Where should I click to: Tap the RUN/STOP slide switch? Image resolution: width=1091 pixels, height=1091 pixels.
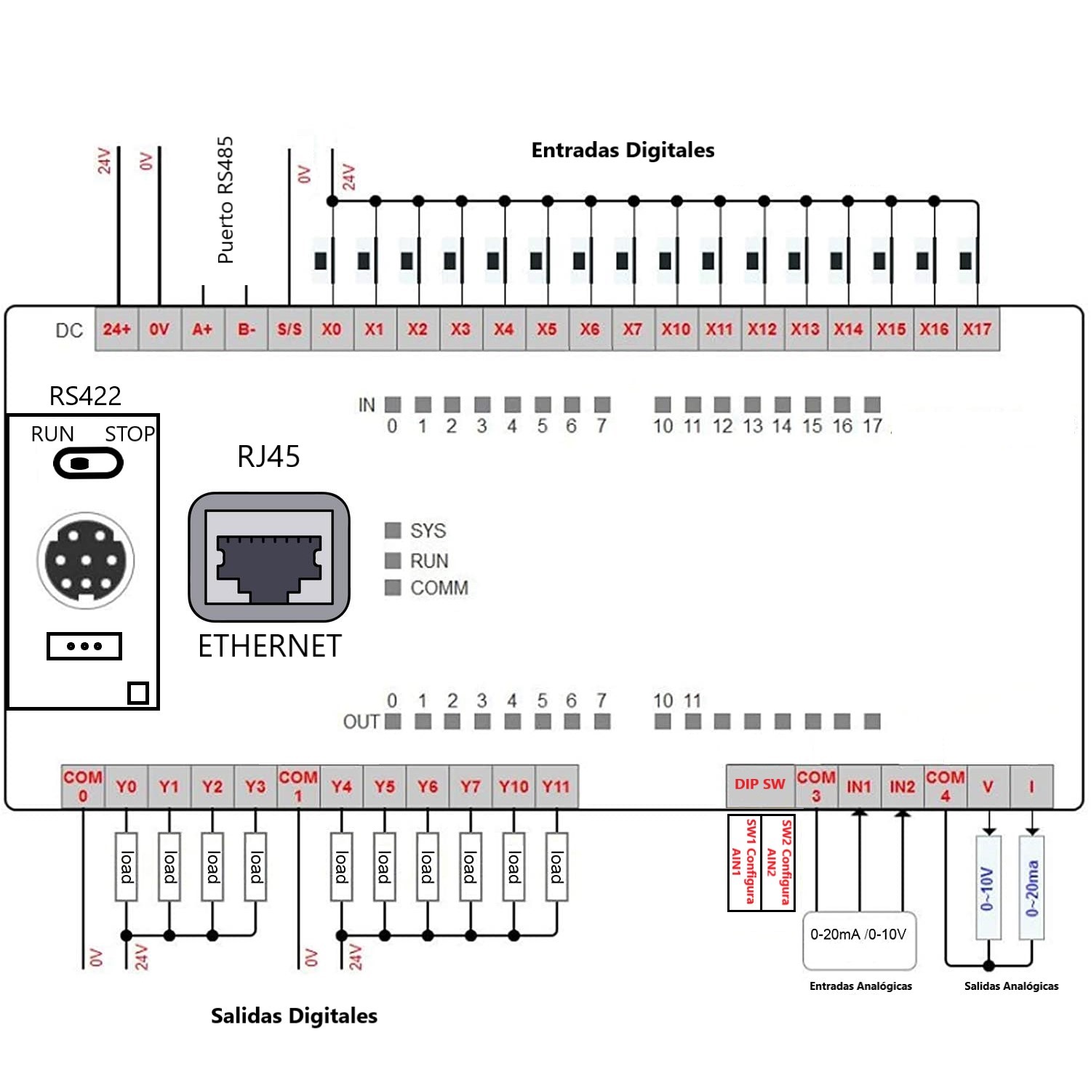pos(88,463)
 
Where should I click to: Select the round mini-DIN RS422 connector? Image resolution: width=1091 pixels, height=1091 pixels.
pos(86,559)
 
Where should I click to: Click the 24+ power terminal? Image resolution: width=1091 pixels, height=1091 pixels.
pos(116,329)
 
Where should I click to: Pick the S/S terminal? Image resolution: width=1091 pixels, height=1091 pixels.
pos(289,329)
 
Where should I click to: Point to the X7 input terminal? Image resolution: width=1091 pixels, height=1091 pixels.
pos(633,329)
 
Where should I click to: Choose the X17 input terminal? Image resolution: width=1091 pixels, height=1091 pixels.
pos(977,329)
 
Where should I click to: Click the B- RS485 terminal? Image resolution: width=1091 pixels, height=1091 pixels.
pos(246,329)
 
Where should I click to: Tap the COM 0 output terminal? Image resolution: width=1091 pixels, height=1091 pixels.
pos(82,786)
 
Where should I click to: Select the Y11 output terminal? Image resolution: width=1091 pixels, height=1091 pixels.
pos(556,786)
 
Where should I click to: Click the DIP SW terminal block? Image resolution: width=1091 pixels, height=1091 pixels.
pos(759,785)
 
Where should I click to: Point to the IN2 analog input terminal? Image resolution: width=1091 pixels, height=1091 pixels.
pos(902,786)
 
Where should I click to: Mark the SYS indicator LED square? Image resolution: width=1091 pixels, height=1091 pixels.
pos(393,530)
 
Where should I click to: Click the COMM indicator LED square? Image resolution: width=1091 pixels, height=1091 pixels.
pos(393,588)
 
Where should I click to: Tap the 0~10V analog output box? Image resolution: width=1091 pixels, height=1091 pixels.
pos(988,888)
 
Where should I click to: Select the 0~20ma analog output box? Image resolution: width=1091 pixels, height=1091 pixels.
pos(1031,888)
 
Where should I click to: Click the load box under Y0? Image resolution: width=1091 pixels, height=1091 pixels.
pos(127,867)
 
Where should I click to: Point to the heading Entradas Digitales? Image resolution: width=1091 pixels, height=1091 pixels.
pos(623,151)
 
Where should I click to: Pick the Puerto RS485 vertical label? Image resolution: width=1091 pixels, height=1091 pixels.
pos(225,200)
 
